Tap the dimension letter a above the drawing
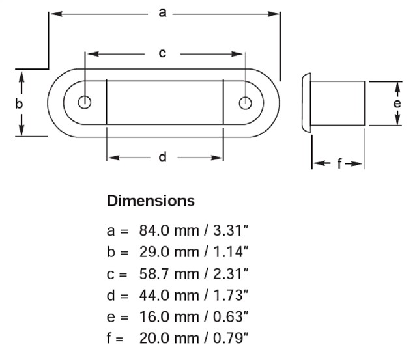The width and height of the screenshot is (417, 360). pos(162,12)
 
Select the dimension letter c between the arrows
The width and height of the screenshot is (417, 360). pos(162,53)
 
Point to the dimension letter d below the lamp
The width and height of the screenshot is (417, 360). pos(162,157)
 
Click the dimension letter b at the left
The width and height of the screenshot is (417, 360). pos(19,104)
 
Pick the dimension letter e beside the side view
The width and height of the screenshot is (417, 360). pos(397,104)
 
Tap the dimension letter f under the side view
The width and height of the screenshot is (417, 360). pos(339,163)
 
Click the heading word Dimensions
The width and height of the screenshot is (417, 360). pos(151,201)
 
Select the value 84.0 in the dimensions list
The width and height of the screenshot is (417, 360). pos(154,230)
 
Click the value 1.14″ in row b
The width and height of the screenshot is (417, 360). pos(231,252)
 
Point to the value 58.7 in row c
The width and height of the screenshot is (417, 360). pos(154,273)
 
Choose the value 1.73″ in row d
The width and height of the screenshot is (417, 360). pos(231,295)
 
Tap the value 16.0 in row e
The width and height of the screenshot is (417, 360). pos(154,316)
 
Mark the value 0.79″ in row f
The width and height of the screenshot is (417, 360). pos(231,339)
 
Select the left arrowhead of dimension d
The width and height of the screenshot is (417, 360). pos(113,158)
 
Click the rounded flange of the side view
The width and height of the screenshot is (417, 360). pos(306,103)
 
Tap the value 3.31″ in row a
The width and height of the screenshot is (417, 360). pos(231,230)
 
